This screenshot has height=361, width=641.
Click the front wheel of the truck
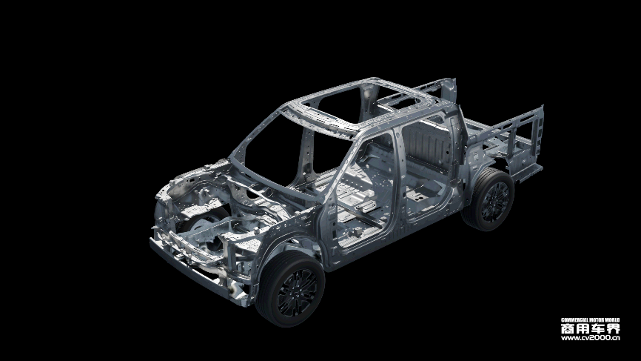pos(290,289)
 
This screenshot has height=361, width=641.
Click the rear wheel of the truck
pos(489,199)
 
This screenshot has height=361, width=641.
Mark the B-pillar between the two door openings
pos(398,180)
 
